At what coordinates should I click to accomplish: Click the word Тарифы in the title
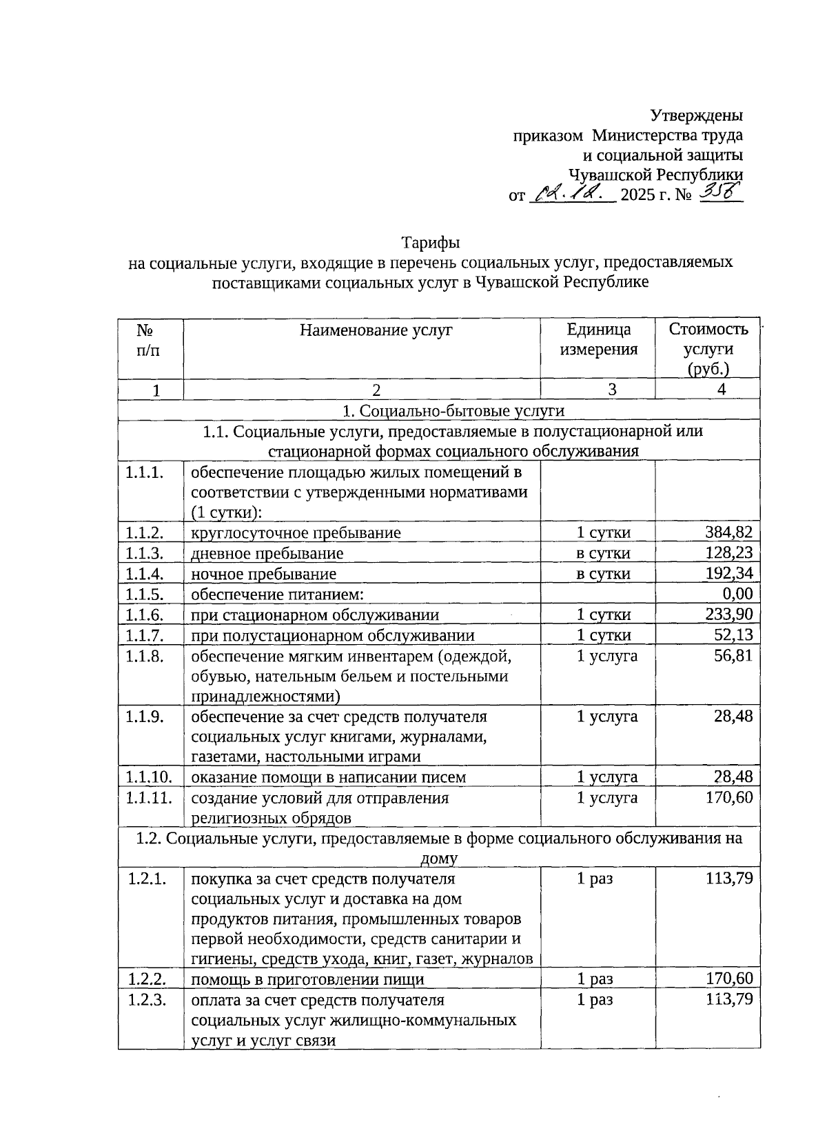(431, 243)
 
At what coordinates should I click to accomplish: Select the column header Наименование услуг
(376, 330)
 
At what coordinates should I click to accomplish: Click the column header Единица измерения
(598, 339)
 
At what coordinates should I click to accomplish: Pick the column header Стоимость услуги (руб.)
(708, 349)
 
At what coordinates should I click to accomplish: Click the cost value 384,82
(728, 532)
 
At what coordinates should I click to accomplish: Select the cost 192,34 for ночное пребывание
(728, 574)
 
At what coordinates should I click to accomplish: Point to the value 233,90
(728, 614)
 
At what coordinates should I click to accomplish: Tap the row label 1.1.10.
(149, 777)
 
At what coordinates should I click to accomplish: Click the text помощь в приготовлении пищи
(307, 980)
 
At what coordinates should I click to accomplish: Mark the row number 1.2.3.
(147, 1000)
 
